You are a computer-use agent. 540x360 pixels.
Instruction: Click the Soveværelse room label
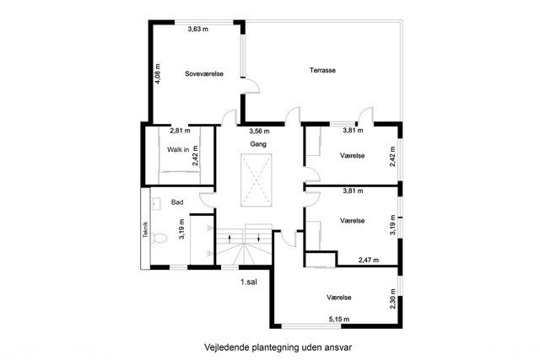(204, 73)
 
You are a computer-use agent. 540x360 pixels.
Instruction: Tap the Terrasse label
(322, 70)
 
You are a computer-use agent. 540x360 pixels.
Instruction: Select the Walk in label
(178, 149)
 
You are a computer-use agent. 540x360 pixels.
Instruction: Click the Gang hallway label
(258, 144)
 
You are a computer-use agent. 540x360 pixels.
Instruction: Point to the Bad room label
(177, 202)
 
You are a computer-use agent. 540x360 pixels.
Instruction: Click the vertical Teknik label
(145, 229)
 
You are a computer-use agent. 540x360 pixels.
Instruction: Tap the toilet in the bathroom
(159, 239)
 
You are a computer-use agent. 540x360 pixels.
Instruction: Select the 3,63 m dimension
(198, 29)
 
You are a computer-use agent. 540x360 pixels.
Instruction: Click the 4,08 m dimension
(158, 74)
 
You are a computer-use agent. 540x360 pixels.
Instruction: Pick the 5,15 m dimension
(339, 320)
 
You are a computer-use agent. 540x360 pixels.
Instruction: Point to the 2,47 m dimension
(369, 261)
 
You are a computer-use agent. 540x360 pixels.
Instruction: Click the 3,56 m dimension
(259, 132)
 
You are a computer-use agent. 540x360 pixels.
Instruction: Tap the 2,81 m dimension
(180, 131)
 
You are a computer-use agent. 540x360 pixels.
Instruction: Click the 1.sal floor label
(249, 282)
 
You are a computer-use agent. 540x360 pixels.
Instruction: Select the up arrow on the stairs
(229, 238)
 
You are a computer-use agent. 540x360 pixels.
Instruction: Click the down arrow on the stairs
(259, 238)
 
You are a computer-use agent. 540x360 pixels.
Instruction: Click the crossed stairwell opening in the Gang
(256, 180)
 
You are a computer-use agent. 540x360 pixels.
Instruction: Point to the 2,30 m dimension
(393, 299)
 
